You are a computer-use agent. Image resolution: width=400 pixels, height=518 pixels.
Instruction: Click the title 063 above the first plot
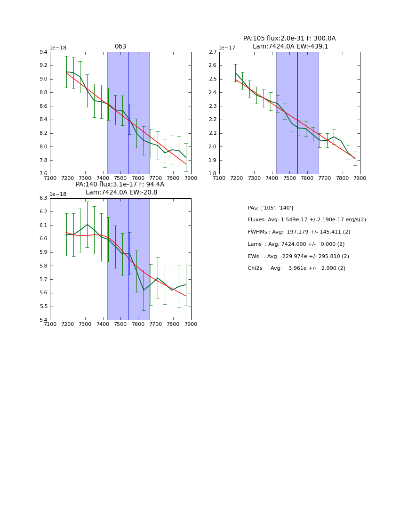[120, 47]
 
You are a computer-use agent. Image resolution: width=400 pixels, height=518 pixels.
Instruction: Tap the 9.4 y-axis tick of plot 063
[43, 52]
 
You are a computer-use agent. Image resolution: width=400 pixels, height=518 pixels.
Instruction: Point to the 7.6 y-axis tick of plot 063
[43, 174]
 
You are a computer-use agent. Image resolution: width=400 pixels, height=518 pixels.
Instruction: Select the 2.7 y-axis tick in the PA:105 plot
[212, 52]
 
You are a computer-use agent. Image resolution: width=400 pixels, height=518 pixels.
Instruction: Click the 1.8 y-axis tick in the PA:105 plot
[212, 174]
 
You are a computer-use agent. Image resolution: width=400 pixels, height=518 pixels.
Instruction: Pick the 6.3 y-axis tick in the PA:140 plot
[43, 198]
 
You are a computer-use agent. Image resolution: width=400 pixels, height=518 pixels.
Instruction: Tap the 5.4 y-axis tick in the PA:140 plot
[43, 320]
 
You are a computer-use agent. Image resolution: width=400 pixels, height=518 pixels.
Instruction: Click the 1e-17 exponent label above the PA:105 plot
[227, 48]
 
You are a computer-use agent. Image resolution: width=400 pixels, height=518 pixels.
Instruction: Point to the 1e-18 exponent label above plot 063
[58, 48]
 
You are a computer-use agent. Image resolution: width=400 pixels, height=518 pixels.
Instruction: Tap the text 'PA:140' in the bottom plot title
[87, 185]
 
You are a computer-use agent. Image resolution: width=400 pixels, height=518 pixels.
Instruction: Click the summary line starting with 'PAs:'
[270, 208]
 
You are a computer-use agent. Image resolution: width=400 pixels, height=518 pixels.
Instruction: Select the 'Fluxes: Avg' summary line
[306, 220]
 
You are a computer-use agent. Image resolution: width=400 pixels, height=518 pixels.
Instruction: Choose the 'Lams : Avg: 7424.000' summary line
[296, 244]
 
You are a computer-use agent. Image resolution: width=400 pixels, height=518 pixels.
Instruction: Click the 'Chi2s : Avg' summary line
[296, 268]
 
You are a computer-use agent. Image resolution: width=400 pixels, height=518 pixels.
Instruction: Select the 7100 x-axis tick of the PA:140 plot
[50, 324]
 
